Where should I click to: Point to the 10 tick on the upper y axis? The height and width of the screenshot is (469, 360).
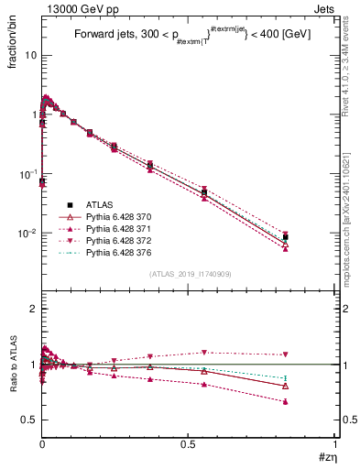[29, 55]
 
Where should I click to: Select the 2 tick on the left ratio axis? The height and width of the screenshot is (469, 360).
[33, 310]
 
